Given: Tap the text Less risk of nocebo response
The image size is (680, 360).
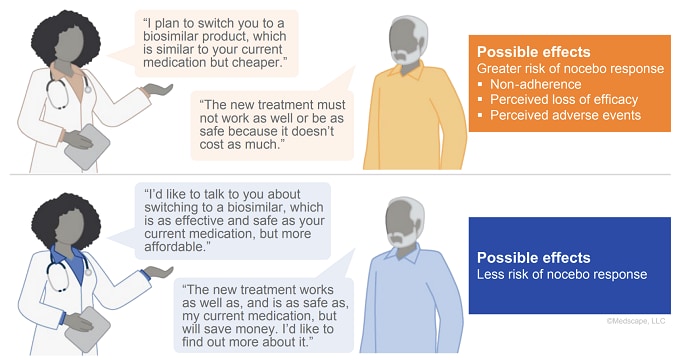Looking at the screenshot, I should tap(562, 274).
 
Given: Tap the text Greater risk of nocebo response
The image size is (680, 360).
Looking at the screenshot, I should tap(570, 68).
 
